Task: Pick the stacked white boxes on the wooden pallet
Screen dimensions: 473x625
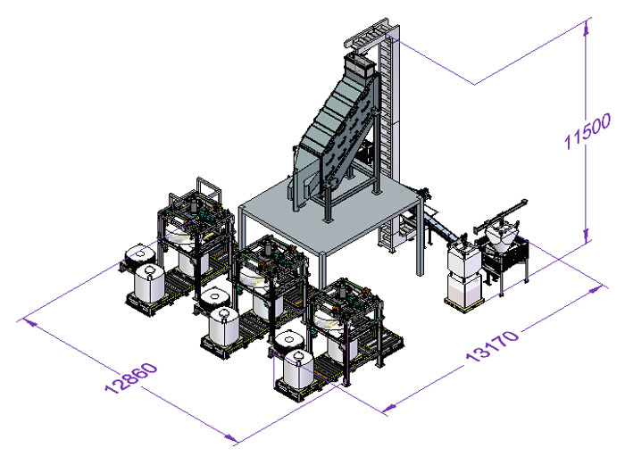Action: click(464, 277)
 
